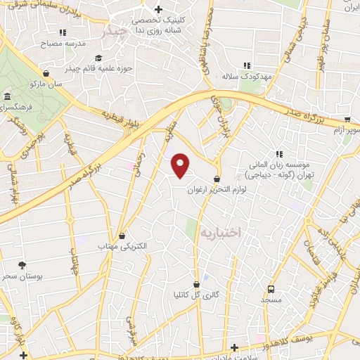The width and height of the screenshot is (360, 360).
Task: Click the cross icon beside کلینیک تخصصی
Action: [x=158, y=10]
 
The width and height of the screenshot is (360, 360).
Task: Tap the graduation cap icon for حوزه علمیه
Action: [x=99, y=58]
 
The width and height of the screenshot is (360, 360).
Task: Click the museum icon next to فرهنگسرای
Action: [x=7, y=96]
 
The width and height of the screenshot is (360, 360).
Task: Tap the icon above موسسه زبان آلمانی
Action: [x=279, y=153]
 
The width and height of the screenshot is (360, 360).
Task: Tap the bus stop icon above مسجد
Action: [x=271, y=289]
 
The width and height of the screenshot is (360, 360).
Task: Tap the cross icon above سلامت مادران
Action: [x=234, y=349]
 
